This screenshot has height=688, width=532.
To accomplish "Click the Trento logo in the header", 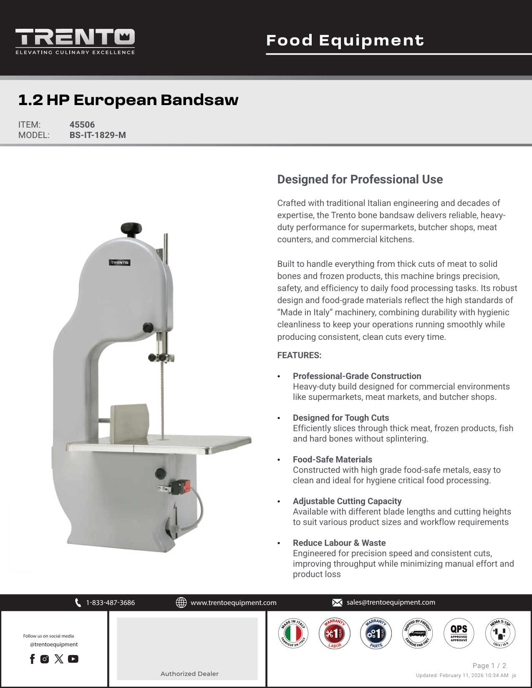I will (x=75, y=41).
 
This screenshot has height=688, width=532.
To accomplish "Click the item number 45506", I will (x=82, y=125).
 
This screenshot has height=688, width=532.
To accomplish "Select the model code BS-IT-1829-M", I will (x=98, y=135).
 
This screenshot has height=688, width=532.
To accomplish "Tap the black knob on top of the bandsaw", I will (x=131, y=228).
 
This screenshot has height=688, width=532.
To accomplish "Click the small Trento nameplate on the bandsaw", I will (x=120, y=263).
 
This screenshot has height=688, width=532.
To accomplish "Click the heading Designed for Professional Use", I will (x=360, y=179).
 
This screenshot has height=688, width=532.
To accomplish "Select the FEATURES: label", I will (x=299, y=355).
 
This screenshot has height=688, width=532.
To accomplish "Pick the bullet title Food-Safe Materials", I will (x=332, y=460).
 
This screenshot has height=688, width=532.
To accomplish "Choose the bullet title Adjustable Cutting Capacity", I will (x=347, y=501).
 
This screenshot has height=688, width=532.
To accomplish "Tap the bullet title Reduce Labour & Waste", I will (x=339, y=543).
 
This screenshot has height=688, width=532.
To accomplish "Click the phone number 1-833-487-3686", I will (x=110, y=603).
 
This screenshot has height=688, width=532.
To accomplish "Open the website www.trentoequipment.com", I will (x=233, y=603).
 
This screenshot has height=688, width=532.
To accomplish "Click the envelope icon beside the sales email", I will (x=337, y=603).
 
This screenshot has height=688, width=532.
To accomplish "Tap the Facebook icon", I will (x=32, y=659).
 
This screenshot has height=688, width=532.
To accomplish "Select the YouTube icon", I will (x=73, y=659).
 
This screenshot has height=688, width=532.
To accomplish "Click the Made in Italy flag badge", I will (x=293, y=633).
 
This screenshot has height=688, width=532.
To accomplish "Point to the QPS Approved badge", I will (x=459, y=633).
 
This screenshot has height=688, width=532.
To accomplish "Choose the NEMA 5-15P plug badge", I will (x=500, y=633).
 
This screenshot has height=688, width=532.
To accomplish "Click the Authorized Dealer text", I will (x=189, y=673).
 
